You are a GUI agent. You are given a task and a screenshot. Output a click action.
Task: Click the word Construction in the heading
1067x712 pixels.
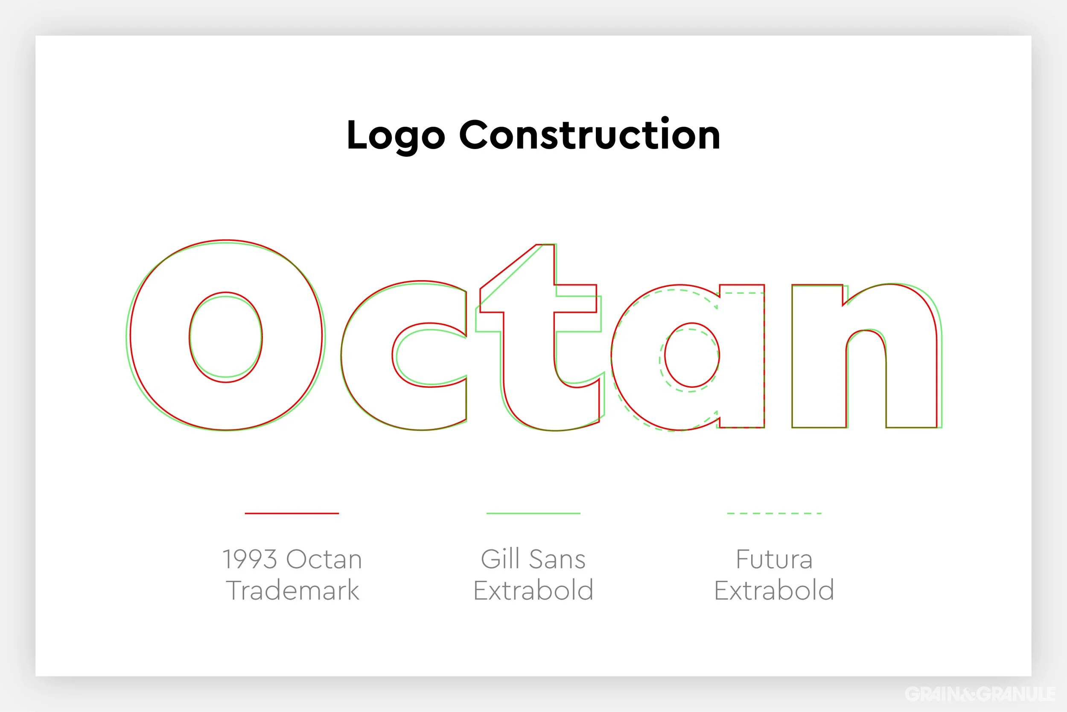(x=589, y=135)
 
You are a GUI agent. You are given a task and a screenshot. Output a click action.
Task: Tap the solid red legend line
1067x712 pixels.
(x=292, y=513)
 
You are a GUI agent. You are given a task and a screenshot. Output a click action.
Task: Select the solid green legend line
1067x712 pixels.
(x=533, y=513)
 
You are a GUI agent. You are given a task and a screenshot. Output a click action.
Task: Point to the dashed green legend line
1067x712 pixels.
(x=774, y=513)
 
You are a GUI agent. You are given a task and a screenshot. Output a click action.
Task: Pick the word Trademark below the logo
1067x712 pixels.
(x=293, y=590)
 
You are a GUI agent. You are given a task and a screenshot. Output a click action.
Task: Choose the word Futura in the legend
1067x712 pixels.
(x=774, y=559)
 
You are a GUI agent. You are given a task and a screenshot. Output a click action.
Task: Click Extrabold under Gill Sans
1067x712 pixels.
(x=533, y=590)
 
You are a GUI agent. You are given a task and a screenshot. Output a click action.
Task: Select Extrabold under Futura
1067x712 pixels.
(x=774, y=590)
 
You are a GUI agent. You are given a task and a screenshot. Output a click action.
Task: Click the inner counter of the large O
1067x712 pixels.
(x=226, y=337)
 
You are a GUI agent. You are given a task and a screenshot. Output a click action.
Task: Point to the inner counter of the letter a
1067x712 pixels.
(x=691, y=355)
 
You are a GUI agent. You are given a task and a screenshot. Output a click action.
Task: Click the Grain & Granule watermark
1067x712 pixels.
(x=980, y=693)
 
